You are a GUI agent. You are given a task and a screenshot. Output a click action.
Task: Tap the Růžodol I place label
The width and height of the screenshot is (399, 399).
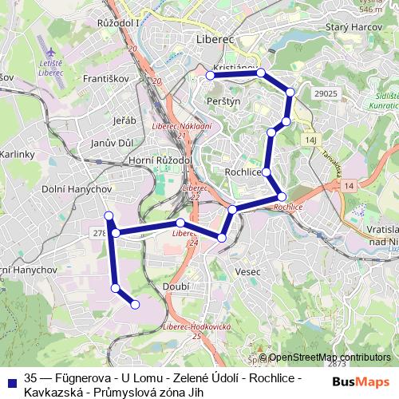point(117,24)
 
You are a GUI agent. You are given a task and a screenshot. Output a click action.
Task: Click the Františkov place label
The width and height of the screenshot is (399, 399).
point(103,81)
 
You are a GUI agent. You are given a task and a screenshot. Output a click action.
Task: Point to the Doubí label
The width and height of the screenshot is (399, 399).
point(175,286)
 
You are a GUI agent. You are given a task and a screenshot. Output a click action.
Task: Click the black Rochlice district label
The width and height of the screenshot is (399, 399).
point(244,172)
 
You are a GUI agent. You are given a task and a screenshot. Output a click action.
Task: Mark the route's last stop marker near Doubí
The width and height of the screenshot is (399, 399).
point(135,303)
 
